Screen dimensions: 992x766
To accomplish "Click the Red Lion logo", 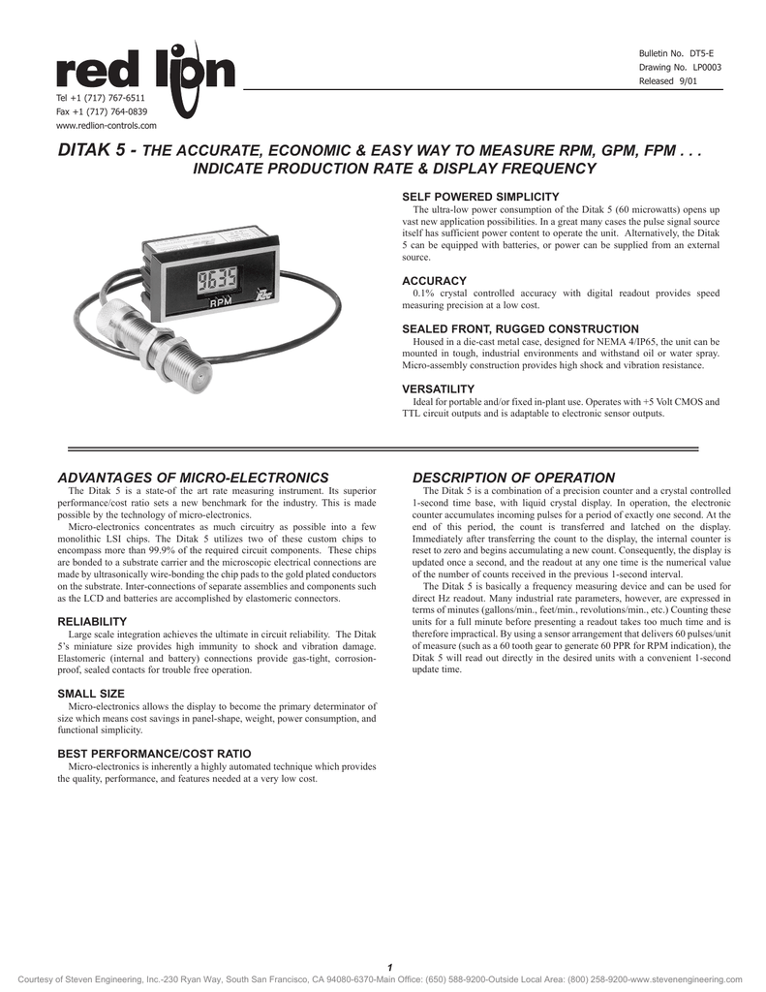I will (x=145, y=70).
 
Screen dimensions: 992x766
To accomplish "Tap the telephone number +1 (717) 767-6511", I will (x=101, y=98).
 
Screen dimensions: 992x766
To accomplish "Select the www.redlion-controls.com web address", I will (x=107, y=125).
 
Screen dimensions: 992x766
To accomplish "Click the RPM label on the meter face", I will (x=222, y=308).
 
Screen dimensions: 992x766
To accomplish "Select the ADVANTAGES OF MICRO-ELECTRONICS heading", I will (x=194, y=478).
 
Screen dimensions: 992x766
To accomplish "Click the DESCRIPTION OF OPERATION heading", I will (x=513, y=478).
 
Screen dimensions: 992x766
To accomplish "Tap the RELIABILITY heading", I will (x=92, y=621).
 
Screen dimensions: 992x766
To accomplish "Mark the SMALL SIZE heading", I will (x=91, y=694).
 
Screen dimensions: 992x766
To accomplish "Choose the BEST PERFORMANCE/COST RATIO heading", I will (x=154, y=753).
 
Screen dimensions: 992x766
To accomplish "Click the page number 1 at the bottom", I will (x=388, y=968).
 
